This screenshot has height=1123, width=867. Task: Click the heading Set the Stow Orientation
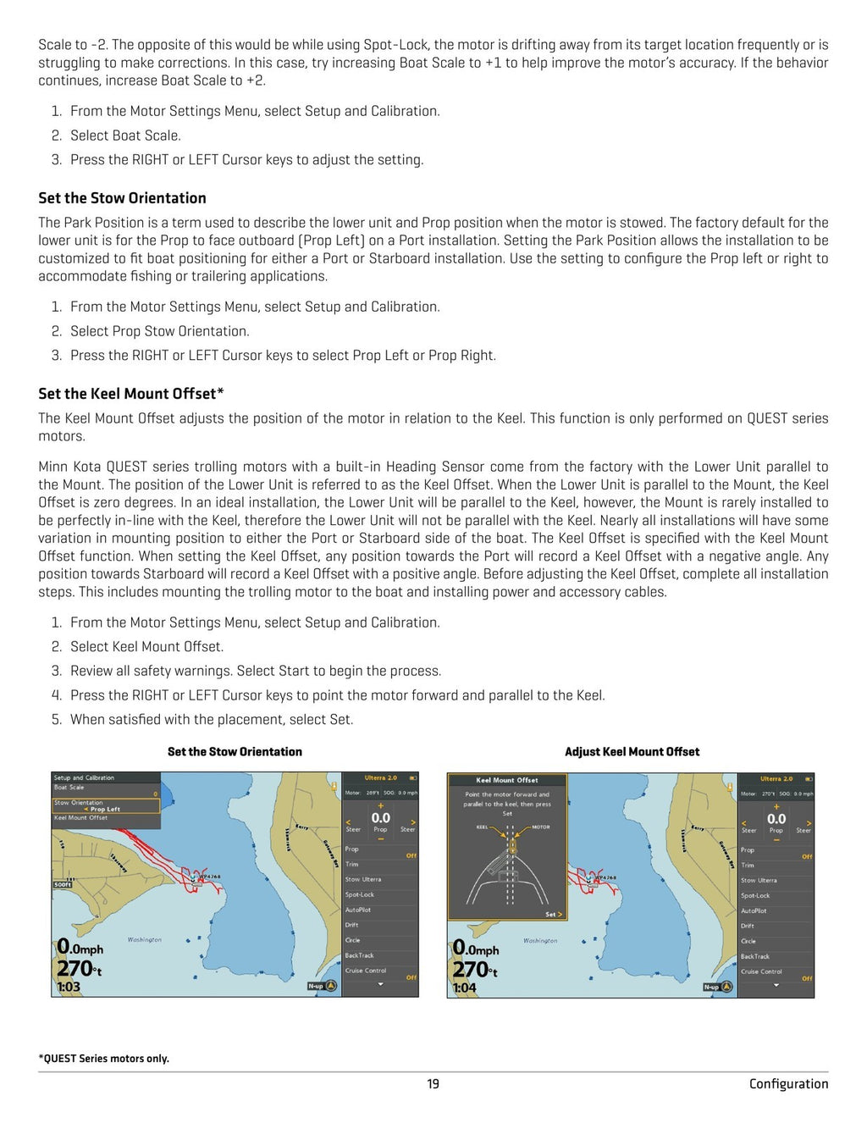[122, 198]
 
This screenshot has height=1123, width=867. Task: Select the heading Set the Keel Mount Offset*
[131, 394]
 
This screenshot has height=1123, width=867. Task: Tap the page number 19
[433, 1084]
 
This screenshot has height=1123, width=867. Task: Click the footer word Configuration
[788, 1084]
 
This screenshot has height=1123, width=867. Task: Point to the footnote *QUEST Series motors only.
[104, 1059]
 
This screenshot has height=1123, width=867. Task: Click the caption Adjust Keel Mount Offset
[632, 752]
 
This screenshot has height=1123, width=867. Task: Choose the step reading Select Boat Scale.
[125, 136]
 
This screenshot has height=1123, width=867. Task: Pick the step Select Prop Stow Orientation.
[159, 331]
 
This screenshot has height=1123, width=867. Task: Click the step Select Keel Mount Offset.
[146, 647]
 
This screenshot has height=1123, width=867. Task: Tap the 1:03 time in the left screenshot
[69, 987]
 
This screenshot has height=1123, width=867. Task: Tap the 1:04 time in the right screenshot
[464, 988]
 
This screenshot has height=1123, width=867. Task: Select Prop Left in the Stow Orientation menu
[105, 810]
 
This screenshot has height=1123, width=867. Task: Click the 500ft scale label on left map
[63, 884]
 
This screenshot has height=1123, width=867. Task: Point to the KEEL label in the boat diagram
[482, 827]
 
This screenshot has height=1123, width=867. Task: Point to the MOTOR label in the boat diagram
[541, 827]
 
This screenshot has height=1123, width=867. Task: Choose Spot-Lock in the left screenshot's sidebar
[360, 895]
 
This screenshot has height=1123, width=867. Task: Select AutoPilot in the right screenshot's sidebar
[754, 911]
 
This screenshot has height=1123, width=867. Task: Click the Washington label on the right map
[540, 941]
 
